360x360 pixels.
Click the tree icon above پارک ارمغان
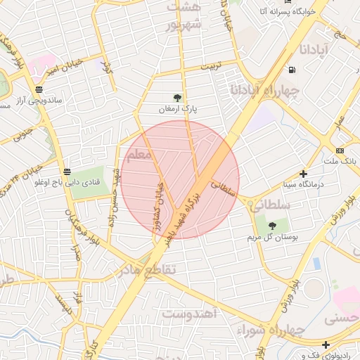(176, 98)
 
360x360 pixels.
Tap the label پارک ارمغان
(176, 109)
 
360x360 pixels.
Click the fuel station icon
(292, 70)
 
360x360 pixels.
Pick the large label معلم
(139, 154)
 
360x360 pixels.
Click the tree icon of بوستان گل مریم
(272, 226)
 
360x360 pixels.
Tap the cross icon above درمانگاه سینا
(303, 174)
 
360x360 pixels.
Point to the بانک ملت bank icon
(340, 150)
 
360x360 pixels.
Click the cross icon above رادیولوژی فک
(326, 345)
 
